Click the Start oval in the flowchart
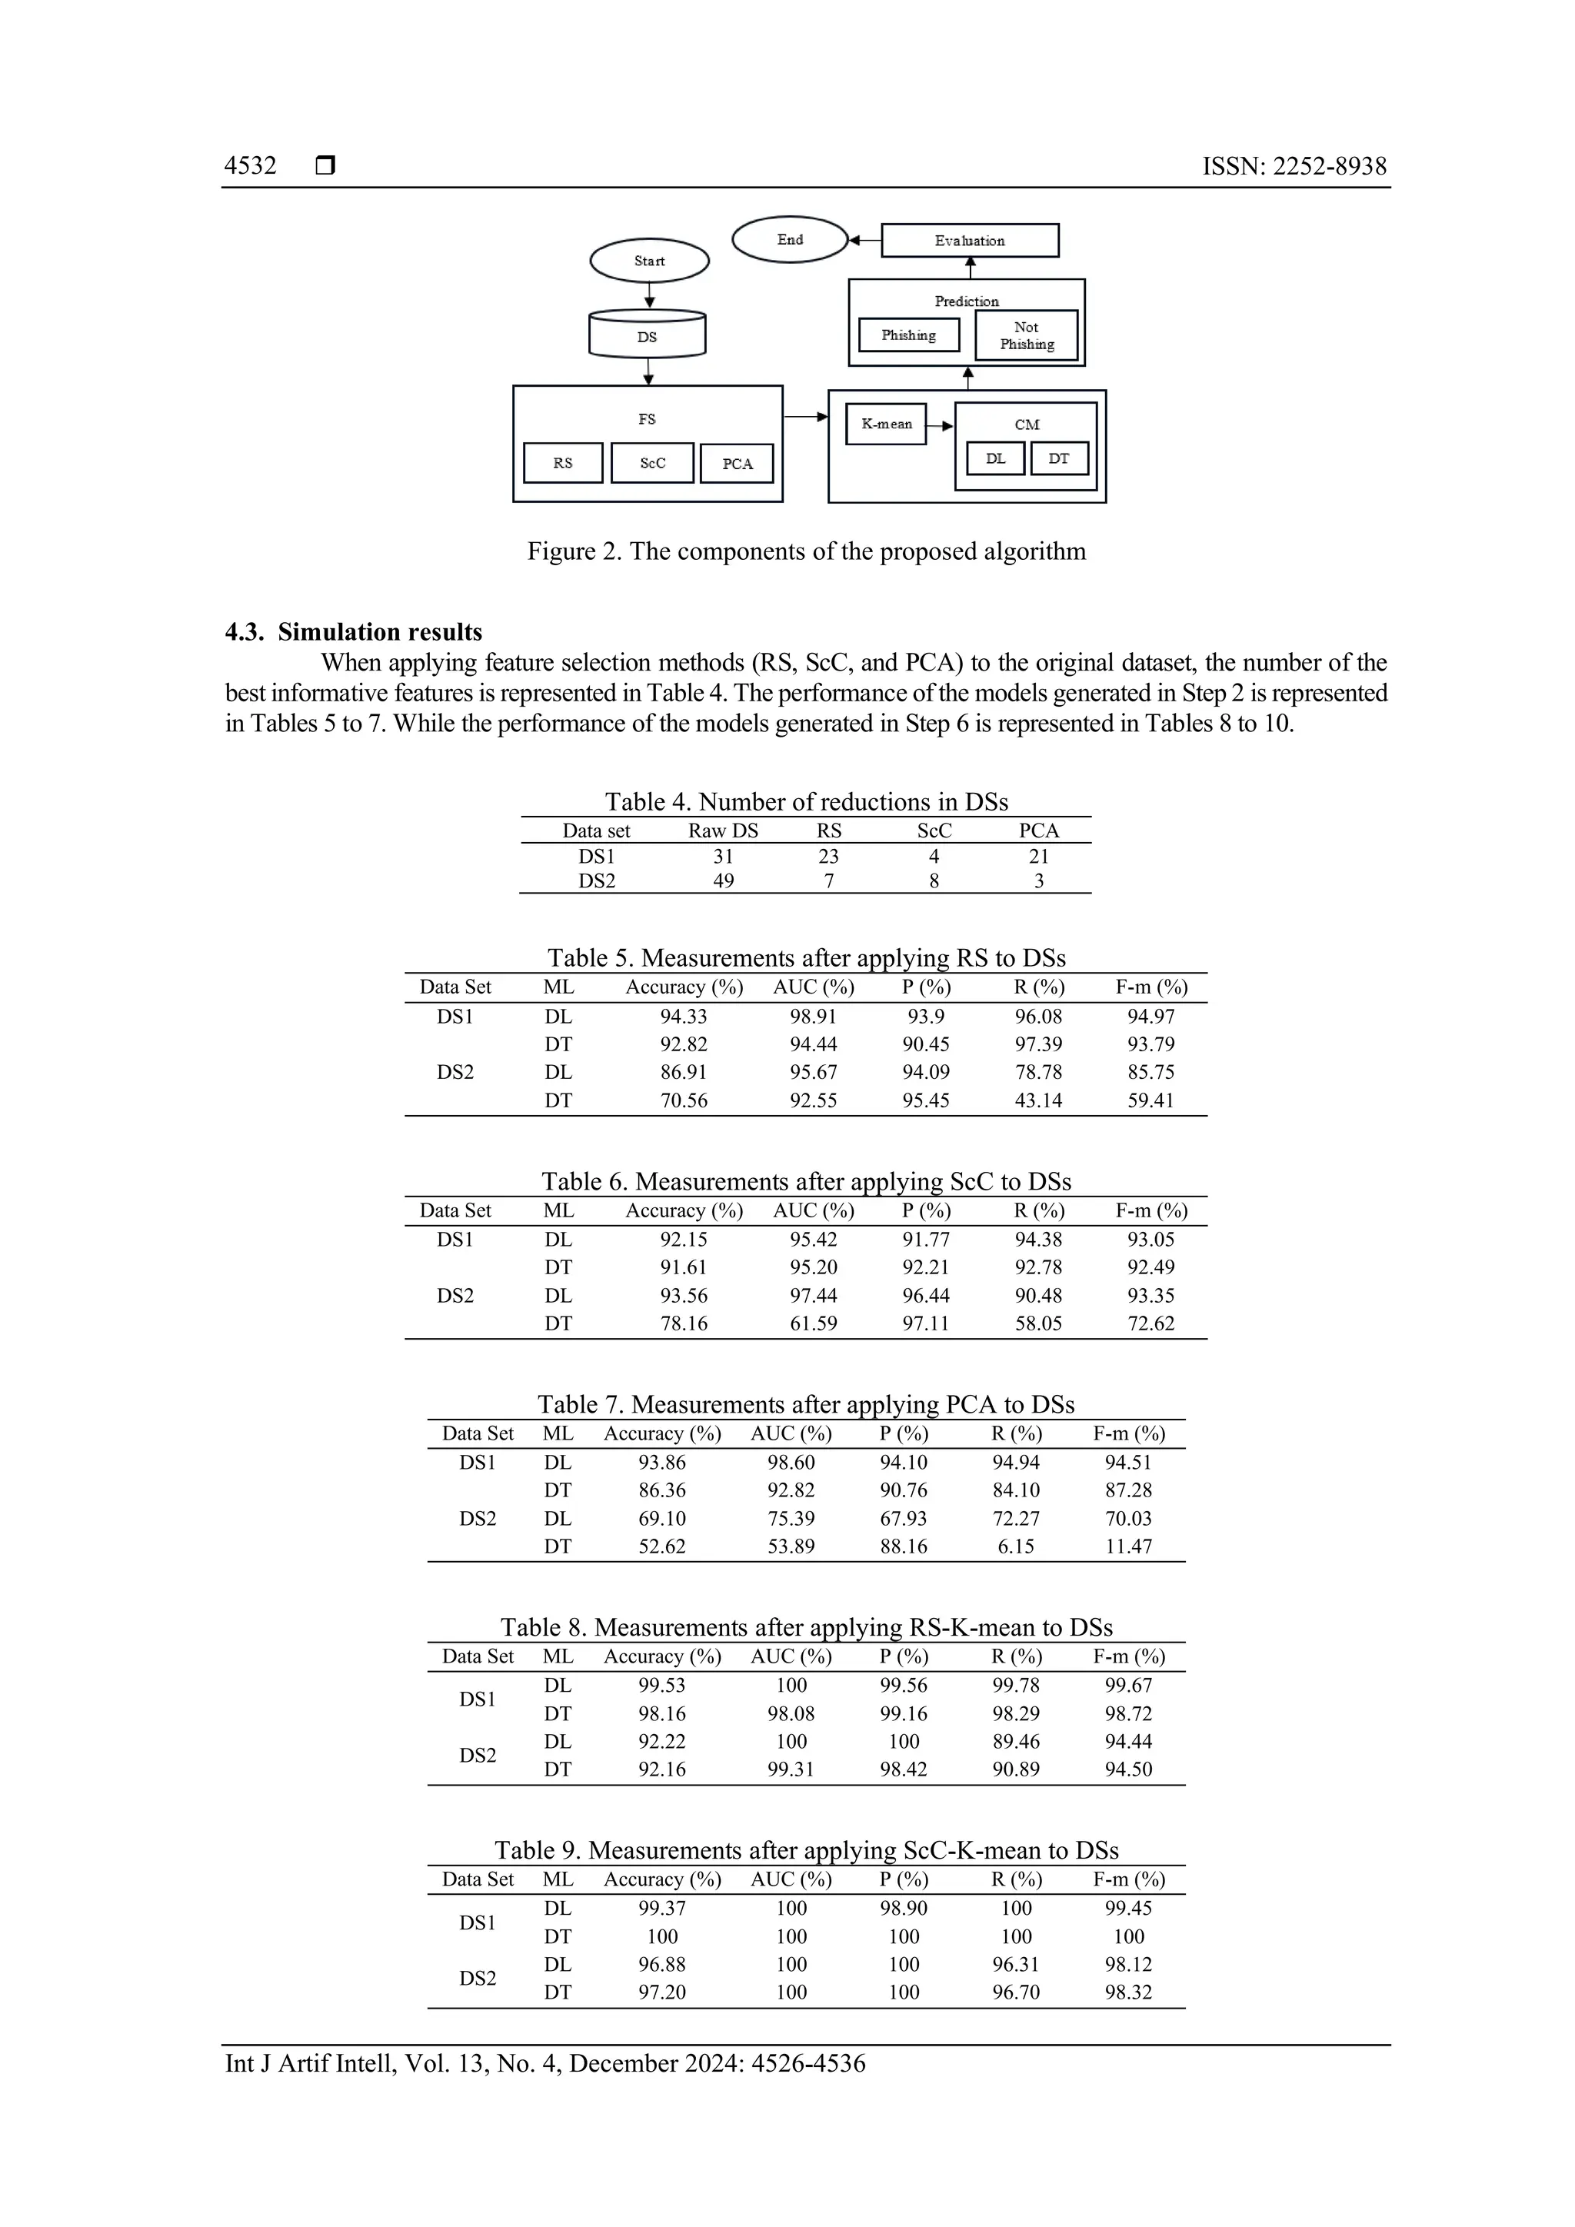(649, 261)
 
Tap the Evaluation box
(969, 241)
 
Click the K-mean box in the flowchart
(885, 424)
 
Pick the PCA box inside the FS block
(737, 464)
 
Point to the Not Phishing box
(1026, 335)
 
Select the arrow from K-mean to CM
(940, 424)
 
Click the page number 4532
(250, 166)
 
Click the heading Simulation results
(379, 632)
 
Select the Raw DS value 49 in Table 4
(724, 880)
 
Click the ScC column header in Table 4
(934, 831)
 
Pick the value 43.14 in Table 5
(1037, 1100)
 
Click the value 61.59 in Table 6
(813, 1323)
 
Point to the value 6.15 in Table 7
(1015, 1546)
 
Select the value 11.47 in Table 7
(1128, 1546)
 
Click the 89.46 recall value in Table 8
(1015, 1741)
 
